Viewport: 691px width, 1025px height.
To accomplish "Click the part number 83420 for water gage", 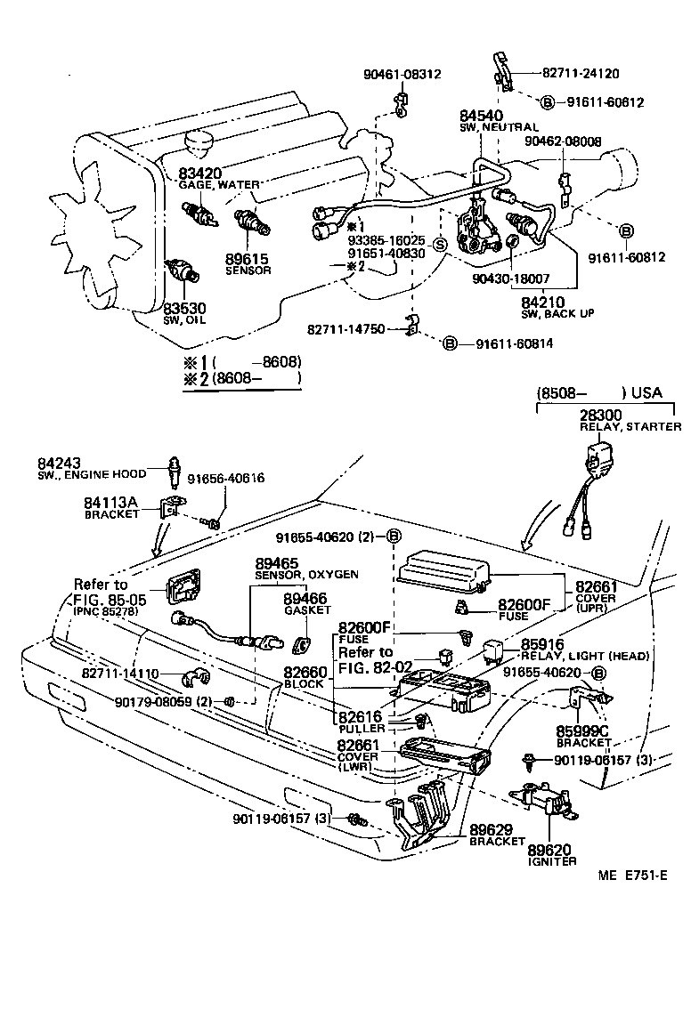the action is [200, 173].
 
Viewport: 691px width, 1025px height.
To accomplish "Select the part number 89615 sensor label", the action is [248, 259].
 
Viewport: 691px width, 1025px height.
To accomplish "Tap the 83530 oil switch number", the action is [184, 308].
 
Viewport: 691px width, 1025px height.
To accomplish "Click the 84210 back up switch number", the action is [543, 302].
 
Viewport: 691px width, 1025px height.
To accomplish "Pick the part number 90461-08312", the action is [402, 74].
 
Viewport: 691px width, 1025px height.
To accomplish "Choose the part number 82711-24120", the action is [581, 74].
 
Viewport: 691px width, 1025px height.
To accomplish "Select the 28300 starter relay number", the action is [601, 416].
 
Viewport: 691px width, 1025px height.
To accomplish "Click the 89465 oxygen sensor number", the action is [277, 563].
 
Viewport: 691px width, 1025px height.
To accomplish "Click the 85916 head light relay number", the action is [542, 645].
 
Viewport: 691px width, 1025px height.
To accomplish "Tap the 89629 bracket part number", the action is [491, 830].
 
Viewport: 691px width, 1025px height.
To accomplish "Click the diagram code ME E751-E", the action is [632, 875].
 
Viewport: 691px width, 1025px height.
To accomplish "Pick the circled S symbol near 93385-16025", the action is [441, 245].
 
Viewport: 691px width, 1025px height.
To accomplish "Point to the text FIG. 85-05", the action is [110, 600].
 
